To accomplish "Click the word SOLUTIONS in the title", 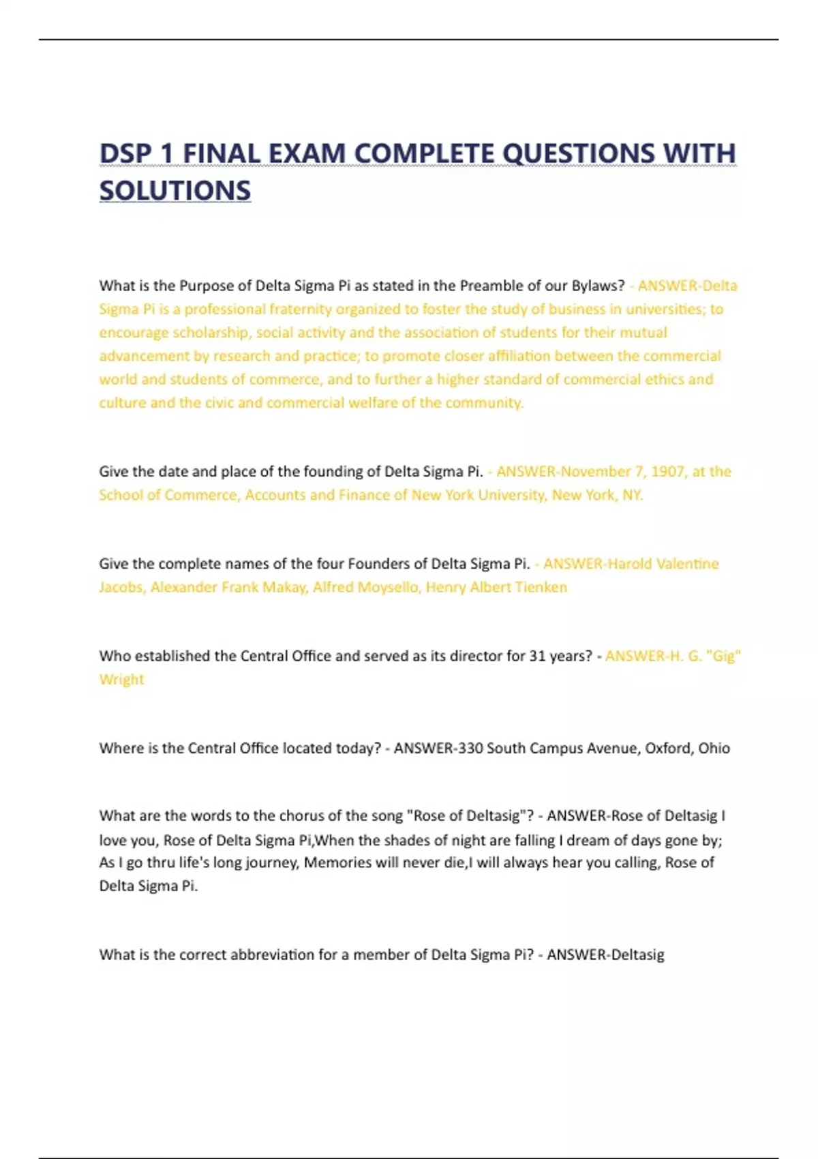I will click(x=175, y=190).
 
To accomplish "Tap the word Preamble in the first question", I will click(x=489, y=286).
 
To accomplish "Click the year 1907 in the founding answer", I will click(x=668, y=472).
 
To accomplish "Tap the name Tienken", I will click(x=541, y=588).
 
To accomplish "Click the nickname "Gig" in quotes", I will click(x=723, y=656).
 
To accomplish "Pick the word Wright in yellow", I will click(x=121, y=680).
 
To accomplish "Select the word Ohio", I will click(x=714, y=749).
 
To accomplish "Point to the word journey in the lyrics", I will click(x=271, y=863).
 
